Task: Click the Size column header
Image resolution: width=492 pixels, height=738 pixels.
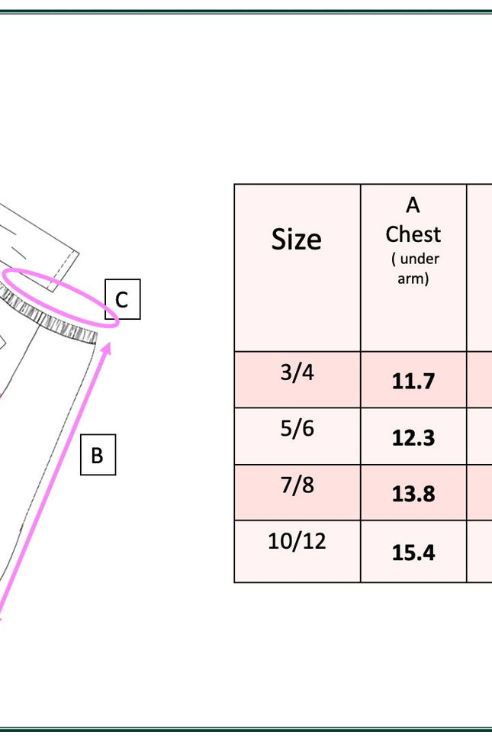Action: point(296,240)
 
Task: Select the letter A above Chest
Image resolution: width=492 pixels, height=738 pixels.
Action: point(413,205)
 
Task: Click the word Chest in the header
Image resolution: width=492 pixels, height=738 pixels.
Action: point(413,234)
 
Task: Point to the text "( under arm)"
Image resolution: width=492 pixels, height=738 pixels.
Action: point(414,269)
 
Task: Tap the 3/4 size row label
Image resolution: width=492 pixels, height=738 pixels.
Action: point(297,372)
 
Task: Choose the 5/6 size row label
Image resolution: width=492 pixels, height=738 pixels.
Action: point(297,428)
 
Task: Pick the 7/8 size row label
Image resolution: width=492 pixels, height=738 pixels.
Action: point(297,485)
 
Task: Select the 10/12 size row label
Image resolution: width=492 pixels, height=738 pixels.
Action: point(297,541)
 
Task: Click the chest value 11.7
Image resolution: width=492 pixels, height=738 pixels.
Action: point(413,381)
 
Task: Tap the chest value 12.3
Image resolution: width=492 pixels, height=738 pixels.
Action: point(413,438)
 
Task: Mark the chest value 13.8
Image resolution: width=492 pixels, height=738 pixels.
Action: point(413,494)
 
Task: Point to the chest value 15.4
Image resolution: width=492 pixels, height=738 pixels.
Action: point(413,552)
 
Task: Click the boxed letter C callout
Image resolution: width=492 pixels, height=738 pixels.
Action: point(122,299)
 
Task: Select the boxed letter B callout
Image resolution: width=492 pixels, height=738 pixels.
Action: point(98,455)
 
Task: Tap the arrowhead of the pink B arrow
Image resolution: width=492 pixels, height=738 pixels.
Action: point(108,348)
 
